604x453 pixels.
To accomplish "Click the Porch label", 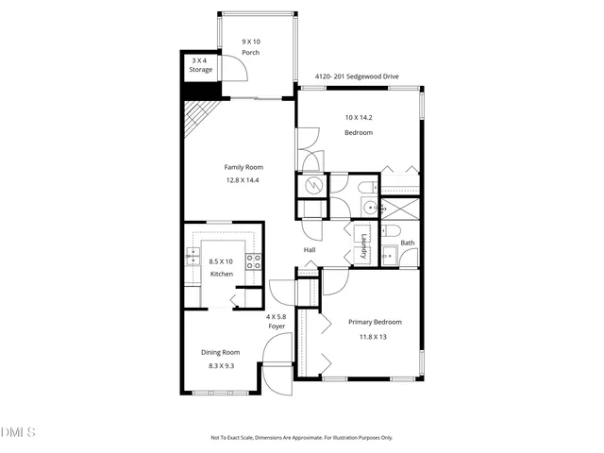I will (250, 53).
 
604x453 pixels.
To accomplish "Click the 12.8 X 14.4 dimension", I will (242, 179).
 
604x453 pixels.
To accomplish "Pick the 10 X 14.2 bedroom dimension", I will (359, 118).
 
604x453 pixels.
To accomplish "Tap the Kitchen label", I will (221, 274).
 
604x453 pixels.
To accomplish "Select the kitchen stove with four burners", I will (254, 261).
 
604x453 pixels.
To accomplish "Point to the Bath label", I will (407, 243).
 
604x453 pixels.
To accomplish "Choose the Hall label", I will (310, 249).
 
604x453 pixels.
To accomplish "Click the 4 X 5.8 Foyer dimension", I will (276, 316).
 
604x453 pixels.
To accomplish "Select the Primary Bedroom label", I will (374, 322).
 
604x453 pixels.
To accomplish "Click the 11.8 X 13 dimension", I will (374, 335).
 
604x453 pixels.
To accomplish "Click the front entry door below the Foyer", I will (276, 378).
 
